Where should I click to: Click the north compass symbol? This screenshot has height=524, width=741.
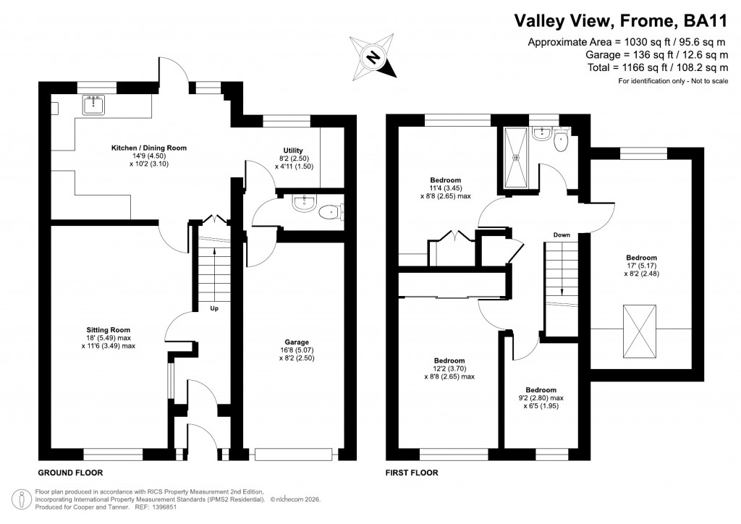pyautogui.click(x=374, y=56)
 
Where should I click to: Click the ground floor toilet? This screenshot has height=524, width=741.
pyautogui.click(x=331, y=212)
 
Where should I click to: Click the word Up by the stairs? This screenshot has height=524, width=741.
pyautogui.click(x=214, y=309)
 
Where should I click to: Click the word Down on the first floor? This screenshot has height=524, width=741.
pyautogui.click(x=562, y=235)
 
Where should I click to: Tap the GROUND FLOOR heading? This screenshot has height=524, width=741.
pyautogui.click(x=70, y=473)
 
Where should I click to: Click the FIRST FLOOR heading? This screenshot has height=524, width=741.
pyautogui.click(x=412, y=473)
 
